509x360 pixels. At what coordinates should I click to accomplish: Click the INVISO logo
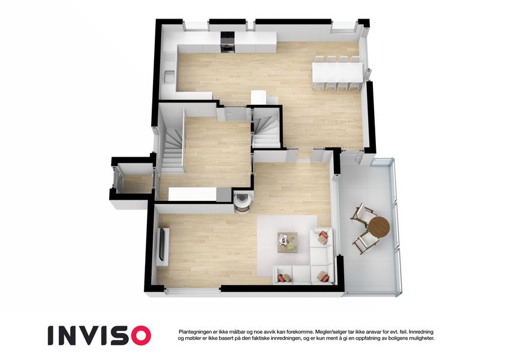tap(100, 335)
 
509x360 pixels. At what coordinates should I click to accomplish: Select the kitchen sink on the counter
tap(170, 77)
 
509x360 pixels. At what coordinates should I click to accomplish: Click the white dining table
tap(338, 73)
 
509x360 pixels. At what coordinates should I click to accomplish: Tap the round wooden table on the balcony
tap(380, 226)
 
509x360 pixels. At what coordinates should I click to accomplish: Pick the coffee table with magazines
tap(288, 242)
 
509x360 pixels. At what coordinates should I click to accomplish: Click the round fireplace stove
tap(242, 203)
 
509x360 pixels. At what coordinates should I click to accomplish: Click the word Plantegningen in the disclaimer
tap(195, 332)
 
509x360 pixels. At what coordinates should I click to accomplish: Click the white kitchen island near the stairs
tap(258, 97)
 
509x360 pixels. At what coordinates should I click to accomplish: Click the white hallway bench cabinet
tap(193, 194)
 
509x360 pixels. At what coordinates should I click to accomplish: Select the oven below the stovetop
tap(228, 46)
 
